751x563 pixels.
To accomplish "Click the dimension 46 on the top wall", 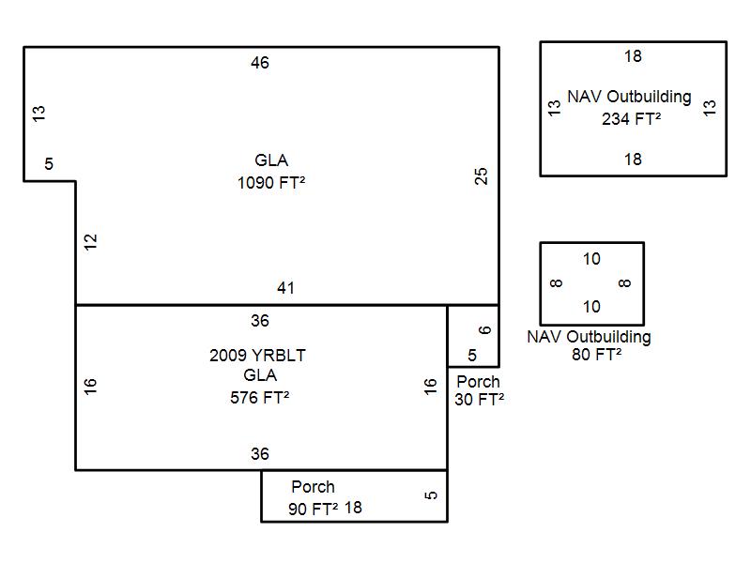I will click(260, 63).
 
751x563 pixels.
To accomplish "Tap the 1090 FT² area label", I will click(271, 183).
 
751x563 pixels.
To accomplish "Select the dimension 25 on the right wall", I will click(482, 175).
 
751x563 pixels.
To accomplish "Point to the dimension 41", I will click(285, 288).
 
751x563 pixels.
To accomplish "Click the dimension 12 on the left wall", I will click(90, 241).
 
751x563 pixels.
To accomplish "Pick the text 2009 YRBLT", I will click(257, 356).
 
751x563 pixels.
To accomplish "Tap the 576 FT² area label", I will click(259, 398).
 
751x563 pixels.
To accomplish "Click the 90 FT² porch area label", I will click(313, 510).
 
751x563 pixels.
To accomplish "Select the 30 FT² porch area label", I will click(480, 400).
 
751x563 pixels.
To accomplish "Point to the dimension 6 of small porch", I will click(484, 329).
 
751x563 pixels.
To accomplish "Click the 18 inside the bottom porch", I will click(353, 508).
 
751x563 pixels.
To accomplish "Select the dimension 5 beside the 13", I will click(49, 164).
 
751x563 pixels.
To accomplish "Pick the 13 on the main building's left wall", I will click(38, 113).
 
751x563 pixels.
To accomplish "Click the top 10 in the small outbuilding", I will click(591, 259).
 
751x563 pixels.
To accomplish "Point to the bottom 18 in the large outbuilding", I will click(633, 160).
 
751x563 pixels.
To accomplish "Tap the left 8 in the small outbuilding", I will click(557, 283).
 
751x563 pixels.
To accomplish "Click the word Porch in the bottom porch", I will click(313, 487).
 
